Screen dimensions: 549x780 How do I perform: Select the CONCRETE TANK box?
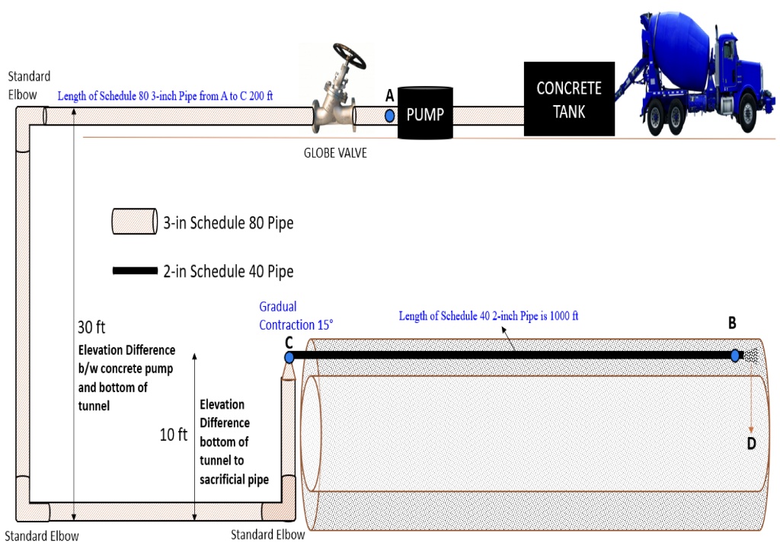coord(569,99)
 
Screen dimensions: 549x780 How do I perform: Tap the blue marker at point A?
coord(390,116)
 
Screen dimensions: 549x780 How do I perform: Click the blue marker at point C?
coord(289,357)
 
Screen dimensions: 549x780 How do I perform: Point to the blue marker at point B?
coord(735,356)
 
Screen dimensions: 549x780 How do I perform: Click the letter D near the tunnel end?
coord(751,444)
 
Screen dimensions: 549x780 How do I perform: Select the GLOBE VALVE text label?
coord(335,153)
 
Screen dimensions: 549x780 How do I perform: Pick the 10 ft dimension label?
coord(173,436)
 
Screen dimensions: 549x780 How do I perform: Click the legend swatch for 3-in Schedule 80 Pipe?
coord(134,222)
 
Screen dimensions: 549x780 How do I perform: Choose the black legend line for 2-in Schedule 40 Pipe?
coord(135,271)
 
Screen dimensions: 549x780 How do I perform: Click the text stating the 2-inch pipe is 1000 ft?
coord(488,316)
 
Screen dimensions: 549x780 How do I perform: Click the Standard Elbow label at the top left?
coord(29,83)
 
